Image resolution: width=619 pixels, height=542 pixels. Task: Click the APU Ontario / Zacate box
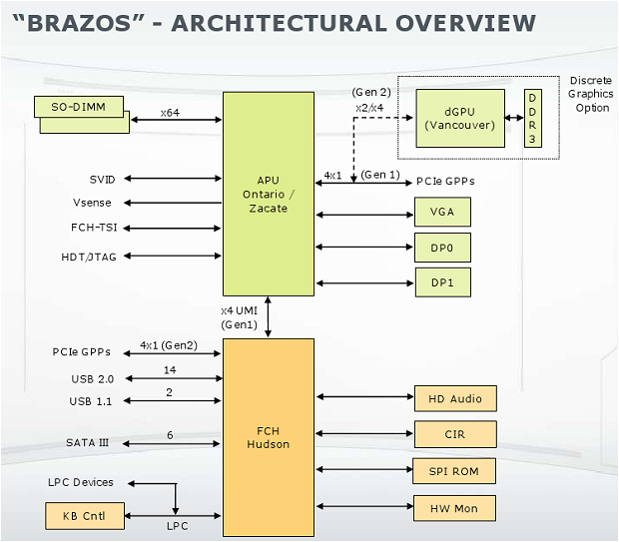pyautogui.click(x=268, y=194)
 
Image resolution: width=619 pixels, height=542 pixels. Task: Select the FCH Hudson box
pyautogui.click(x=268, y=436)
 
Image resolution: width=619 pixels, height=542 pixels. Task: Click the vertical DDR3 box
pyautogui.click(x=532, y=118)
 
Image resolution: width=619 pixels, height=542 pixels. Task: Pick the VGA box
pyautogui.click(x=442, y=212)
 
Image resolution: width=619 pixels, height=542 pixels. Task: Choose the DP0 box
pyautogui.click(x=442, y=247)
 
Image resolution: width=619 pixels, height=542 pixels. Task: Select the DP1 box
pyautogui.click(x=442, y=281)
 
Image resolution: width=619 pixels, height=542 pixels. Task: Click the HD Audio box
pyautogui.click(x=454, y=399)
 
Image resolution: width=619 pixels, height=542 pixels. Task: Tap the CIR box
pyautogui.click(x=454, y=434)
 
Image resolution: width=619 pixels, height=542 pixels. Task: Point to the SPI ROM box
pyautogui.click(x=454, y=470)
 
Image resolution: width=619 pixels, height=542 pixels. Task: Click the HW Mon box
pyautogui.click(x=454, y=508)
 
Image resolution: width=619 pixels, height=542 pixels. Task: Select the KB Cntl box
pyautogui.click(x=85, y=516)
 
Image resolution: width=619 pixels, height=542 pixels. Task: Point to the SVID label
pyautogui.click(x=102, y=179)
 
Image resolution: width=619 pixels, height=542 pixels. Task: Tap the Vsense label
pyautogui.click(x=98, y=203)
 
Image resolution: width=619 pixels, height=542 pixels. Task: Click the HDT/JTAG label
pyautogui.click(x=89, y=256)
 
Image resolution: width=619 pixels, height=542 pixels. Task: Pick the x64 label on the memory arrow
pyautogui.click(x=170, y=113)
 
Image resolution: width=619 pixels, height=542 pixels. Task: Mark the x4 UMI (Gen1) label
pyautogui.click(x=241, y=317)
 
